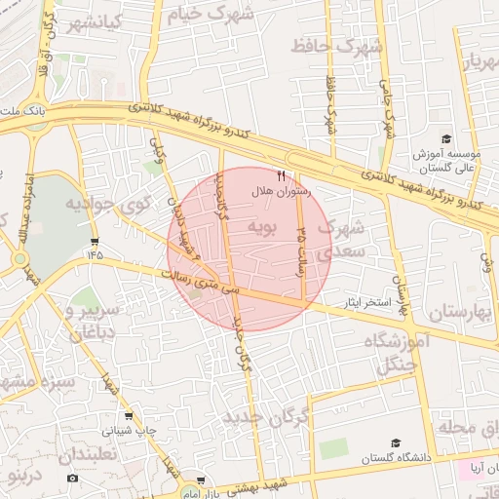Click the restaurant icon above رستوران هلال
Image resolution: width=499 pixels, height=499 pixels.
click(282, 176)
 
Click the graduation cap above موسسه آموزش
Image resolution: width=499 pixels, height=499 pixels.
click(445, 139)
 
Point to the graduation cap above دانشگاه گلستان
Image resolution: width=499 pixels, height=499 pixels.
click(395, 443)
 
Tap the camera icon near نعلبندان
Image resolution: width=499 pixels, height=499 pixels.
click(72, 478)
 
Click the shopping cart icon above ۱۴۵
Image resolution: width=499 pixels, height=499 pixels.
click(94, 240)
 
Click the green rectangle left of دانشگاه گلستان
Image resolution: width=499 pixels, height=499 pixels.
click(333, 448)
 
